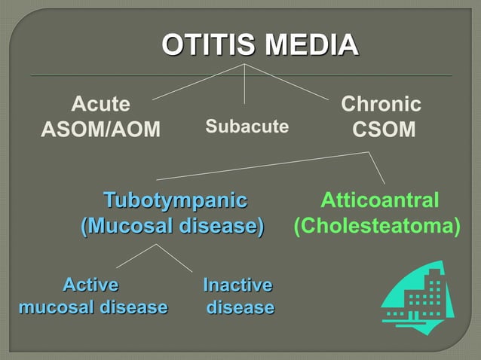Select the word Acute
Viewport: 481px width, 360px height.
coord(100,104)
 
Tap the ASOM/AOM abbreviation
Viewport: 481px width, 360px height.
coord(100,130)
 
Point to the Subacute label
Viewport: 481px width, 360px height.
coord(247,127)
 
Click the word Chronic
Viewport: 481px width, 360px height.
coord(381,104)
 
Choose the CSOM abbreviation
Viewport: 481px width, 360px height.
coord(384,130)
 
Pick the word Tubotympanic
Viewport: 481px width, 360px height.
coord(175,200)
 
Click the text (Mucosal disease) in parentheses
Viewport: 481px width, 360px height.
coord(173,226)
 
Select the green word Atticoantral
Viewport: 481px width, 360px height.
coord(379,200)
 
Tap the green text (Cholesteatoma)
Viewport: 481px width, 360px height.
coord(376,226)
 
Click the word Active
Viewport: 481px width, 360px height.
coord(90,285)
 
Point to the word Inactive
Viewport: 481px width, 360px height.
coord(237,285)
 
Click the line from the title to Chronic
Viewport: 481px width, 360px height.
coord(287,81)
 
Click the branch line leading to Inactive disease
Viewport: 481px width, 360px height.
coord(174,258)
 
